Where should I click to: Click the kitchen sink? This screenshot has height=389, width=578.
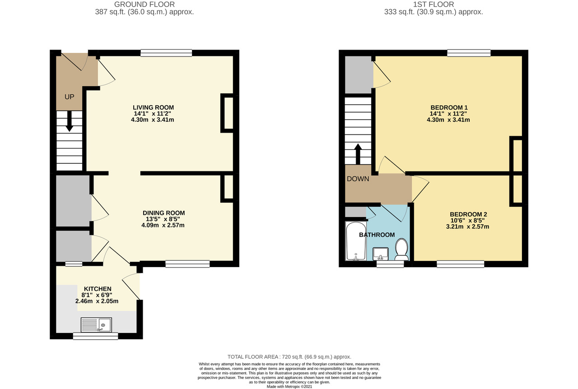click(96, 325)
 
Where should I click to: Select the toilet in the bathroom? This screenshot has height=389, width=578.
click(401, 249)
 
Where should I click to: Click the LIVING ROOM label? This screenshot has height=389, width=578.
click(153, 107)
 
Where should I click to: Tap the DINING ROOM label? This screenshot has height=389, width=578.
click(163, 213)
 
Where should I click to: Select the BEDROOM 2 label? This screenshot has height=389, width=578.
click(468, 214)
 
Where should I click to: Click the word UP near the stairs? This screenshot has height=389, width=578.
click(69, 97)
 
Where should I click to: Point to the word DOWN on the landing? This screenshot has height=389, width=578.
click(358, 179)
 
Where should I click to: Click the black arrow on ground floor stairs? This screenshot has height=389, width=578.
click(69, 121)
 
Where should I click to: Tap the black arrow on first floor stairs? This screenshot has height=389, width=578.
click(358, 154)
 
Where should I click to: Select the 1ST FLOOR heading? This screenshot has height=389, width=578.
click(433, 5)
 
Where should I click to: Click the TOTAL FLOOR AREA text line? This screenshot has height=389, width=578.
click(289, 357)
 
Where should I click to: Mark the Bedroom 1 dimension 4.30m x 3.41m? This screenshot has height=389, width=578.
click(448, 120)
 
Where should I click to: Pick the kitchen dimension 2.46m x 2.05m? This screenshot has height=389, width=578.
click(97, 301)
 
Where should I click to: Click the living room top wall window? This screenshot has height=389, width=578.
click(166, 53)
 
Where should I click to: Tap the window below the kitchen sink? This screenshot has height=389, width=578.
click(95, 336)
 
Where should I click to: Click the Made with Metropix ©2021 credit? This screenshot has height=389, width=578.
click(289, 386)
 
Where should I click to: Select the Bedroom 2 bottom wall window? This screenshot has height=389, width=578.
click(460, 264)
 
